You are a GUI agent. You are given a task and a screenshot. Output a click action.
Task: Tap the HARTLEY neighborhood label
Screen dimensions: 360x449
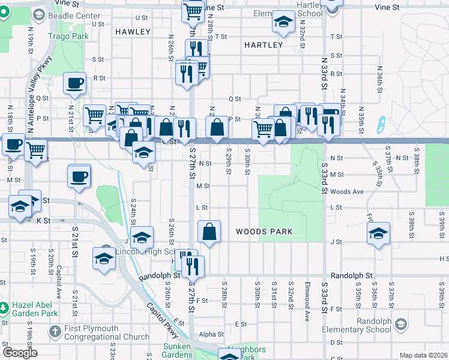pyautogui.click(x=264, y=45)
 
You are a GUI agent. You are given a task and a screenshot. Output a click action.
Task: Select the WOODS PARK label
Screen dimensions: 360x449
pyautogui.click(x=264, y=232)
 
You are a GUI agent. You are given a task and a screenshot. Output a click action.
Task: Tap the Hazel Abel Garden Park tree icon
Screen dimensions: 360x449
pyautogui.click(x=5, y=308)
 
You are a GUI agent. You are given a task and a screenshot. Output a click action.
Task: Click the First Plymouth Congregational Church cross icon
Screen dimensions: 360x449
pyautogui.click(x=55, y=331)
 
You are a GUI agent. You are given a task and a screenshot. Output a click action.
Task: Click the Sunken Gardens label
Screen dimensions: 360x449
pyautogui.click(x=178, y=351)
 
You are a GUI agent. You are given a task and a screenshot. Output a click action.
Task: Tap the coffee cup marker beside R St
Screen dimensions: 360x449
pyautogui.click(x=74, y=83)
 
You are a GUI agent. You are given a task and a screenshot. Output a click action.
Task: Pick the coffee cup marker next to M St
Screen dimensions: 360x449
pyautogui.click(x=79, y=176)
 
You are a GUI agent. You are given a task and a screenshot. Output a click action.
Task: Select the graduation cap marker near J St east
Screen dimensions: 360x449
pyautogui.click(x=378, y=233)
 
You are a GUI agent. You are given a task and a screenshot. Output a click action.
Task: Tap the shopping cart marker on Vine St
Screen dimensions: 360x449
pyautogui.click(x=193, y=11)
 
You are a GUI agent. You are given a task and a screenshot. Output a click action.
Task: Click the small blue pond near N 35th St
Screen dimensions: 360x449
pyautogui.click(x=379, y=124)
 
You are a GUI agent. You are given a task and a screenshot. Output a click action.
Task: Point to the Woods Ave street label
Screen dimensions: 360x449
pyautogui.click(x=348, y=192)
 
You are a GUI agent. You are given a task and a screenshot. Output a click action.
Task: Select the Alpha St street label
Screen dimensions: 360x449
pyautogui.click(x=211, y=334)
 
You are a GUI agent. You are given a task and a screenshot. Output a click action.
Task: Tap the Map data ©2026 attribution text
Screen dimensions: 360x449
pyautogui.click(x=423, y=355)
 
